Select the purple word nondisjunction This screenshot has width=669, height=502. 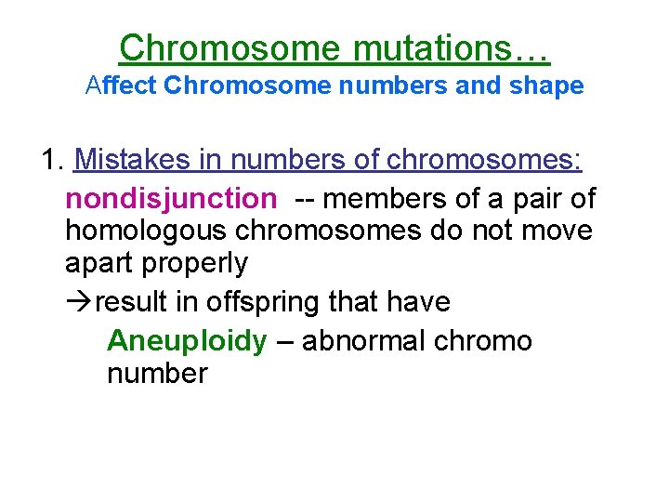pos(170,198)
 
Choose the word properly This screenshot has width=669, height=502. pos(195,263)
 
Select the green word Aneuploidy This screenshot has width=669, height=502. pos(186,341)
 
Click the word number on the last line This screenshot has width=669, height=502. pos(157,374)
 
